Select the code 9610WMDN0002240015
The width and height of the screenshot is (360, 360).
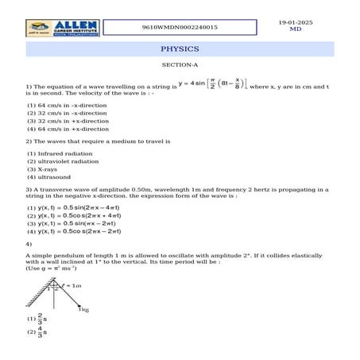(x=180, y=26)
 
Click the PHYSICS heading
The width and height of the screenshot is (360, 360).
(x=180, y=49)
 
